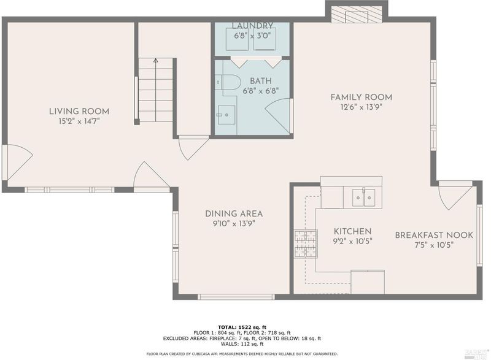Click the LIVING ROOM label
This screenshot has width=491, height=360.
pos(79,111)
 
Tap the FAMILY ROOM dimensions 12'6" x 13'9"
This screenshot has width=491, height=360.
pos(361,107)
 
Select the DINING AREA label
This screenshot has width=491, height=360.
pos(234,213)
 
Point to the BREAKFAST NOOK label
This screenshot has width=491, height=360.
pos(434,235)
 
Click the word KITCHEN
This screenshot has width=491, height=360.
pos(352,231)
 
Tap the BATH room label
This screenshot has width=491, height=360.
pos(261,81)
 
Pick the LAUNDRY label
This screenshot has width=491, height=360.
pos(252,25)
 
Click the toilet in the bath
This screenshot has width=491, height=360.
pos(228,82)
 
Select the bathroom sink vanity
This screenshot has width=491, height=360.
pos(226,115)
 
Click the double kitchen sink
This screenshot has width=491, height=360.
pos(363,197)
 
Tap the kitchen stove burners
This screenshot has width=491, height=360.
pos(306,243)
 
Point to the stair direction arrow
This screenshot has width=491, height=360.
pos(156,90)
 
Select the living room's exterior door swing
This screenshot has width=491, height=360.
pos(20,162)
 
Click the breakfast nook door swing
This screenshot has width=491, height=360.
pos(455,196)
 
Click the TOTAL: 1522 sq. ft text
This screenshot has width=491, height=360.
pos(242,327)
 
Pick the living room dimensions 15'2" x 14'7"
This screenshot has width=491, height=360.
pos(79,121)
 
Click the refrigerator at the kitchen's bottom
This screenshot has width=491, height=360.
pos(368,282)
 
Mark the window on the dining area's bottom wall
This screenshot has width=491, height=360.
pos(236,297)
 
